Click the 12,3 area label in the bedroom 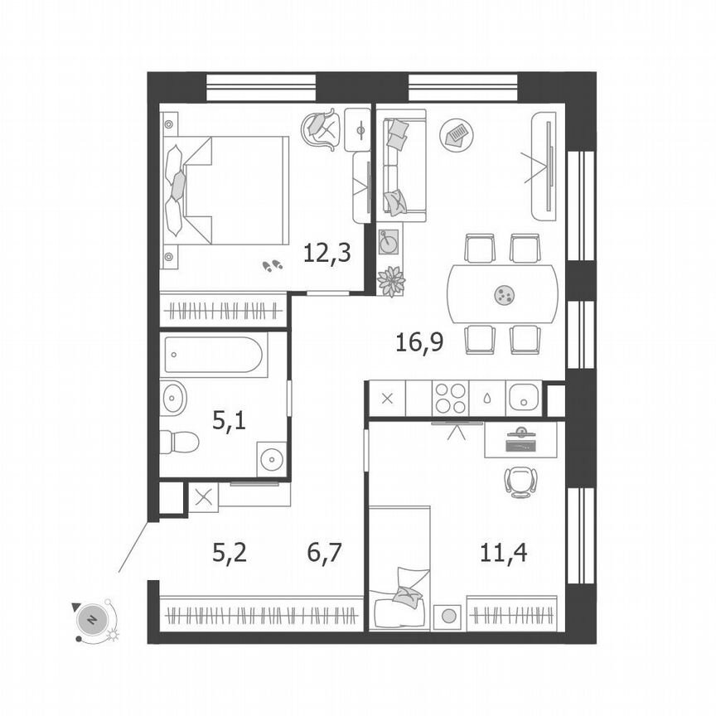(327, 252)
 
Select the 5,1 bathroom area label (230, 421)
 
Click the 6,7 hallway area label (326, 552)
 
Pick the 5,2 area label (230, 552)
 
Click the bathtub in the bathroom (214, 356)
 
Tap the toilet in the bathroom (178, 442)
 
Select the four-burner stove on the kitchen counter (450, 398)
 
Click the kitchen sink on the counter (524, 398)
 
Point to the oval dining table (503, 293)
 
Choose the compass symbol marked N (93, 619)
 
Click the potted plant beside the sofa (390, 280)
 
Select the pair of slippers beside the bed (272, 265)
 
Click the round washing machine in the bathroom (271, 457)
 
